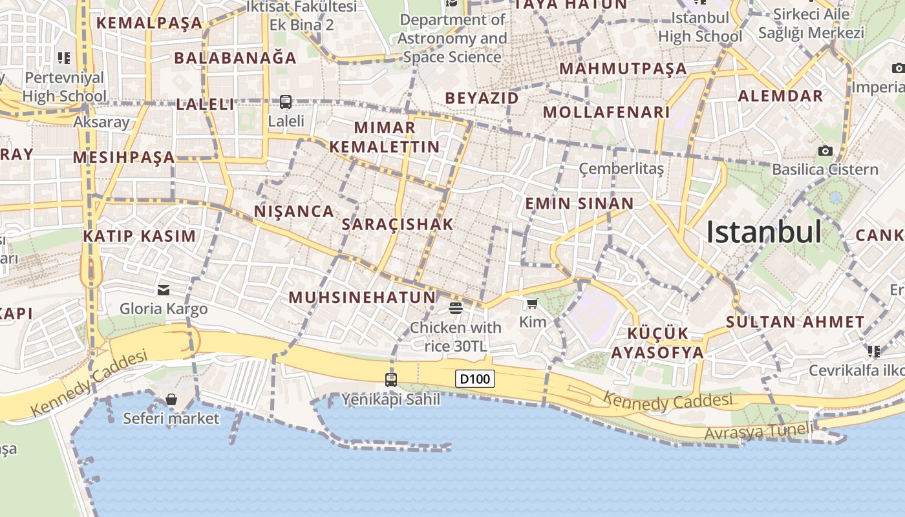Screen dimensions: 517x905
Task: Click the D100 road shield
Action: tap(475, 379)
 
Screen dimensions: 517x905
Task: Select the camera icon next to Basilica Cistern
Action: tap(825, 151)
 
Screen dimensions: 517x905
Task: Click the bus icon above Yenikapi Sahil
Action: tap(391, 379)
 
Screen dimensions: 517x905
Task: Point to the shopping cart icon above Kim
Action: tap(532, 303)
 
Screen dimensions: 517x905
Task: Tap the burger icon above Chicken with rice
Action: tap(455, 308)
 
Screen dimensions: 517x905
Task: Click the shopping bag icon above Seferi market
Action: tap(171, 399)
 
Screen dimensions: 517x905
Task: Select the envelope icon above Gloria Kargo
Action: tap(164, 290)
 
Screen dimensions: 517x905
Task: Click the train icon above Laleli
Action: tap(286, 101)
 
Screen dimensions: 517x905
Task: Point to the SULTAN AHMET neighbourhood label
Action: tap(795, 322)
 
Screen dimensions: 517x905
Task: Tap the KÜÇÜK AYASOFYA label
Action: tap(657, 343)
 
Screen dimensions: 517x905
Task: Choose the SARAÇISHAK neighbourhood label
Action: tap(398, 225)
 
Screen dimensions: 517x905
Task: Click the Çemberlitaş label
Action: tap(621, 169)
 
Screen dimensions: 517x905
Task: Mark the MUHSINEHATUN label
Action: tap(362, 297)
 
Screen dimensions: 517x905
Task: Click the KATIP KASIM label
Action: tap(139, 236)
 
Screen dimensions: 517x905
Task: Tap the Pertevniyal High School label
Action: tap(64, 87)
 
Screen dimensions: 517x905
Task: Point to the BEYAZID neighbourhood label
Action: tap(482, 98)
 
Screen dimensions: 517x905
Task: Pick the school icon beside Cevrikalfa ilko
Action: tap(874, 351)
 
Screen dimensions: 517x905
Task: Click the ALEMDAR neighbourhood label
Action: tap(780, 96)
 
